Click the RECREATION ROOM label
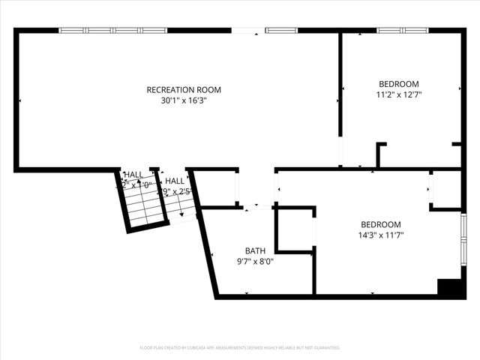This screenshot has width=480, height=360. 184,90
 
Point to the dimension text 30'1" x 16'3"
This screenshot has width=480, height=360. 184,100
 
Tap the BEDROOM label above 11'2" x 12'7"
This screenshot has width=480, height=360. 398,84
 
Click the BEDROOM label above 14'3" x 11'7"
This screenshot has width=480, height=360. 380,224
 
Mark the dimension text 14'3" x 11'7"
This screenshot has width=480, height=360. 380,234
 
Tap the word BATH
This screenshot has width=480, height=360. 255,250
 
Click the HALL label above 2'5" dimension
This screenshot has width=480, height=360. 175,181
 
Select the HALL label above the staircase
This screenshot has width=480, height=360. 133,174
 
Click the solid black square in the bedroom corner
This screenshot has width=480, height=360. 448,288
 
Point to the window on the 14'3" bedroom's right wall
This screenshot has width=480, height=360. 463,239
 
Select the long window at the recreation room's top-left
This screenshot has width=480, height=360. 112,31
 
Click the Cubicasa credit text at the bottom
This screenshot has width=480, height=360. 240,347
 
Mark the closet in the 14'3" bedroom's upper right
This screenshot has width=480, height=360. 447,189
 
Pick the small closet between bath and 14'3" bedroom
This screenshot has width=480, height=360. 295,229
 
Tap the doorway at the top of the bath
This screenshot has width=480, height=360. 256,205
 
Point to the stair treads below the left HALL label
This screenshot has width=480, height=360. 144,204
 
